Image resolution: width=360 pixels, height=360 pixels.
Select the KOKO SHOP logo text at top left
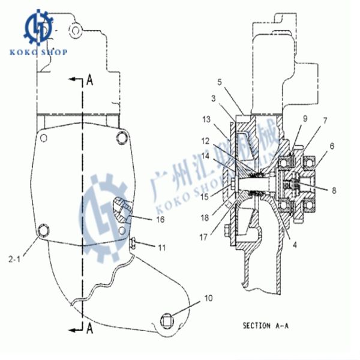(x=38, y=52)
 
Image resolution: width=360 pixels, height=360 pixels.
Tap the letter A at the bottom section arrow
(x=90, y=327)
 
